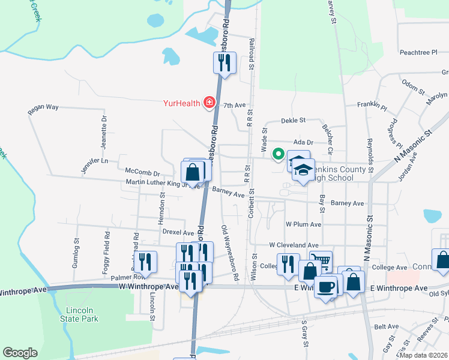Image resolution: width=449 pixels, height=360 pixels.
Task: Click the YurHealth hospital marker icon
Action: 209,103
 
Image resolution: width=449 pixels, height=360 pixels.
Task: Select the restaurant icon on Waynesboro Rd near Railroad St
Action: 224,62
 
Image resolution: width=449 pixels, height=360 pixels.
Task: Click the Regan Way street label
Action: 43,109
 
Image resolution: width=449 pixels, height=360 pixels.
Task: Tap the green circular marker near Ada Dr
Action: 278,154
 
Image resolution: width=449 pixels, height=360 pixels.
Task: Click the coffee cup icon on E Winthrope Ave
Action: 325,286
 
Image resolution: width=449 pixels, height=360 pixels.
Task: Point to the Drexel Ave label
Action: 178,232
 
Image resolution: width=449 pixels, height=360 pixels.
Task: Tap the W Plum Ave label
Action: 304,224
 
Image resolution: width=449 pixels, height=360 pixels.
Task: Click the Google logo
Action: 20,353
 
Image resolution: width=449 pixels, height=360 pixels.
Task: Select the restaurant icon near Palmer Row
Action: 145,262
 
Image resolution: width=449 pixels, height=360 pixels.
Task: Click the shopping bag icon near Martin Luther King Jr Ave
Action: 193,172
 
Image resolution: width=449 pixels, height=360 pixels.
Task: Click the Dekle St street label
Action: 294,120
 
